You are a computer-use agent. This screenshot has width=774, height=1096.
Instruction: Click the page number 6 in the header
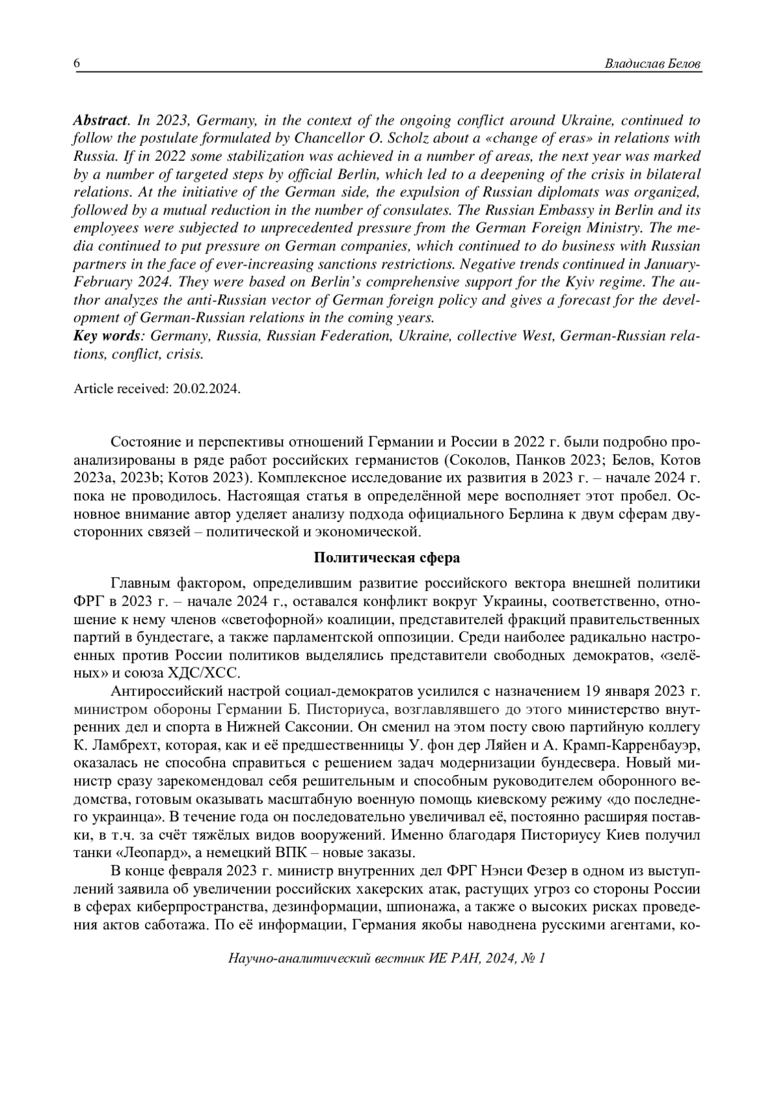(77, 63)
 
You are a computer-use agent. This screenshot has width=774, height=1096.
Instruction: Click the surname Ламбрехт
(122, 746)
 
